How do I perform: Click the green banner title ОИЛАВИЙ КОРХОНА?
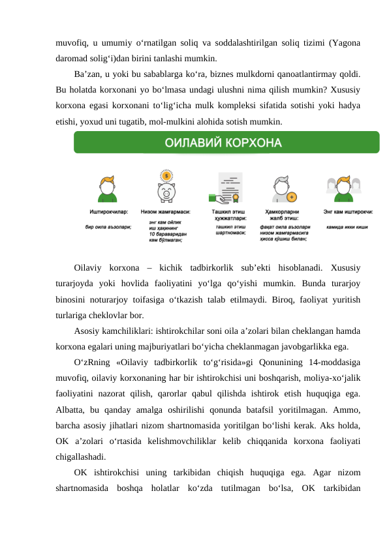point(226,142)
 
